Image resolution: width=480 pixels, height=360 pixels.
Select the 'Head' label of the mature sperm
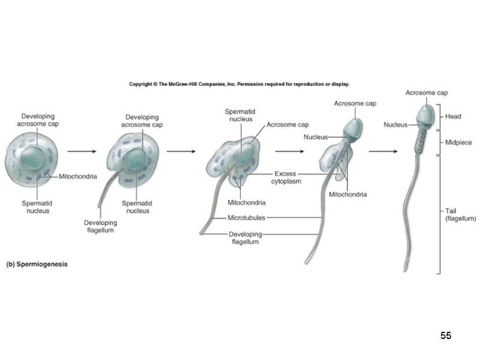pyautogui.click(x=453, y=116)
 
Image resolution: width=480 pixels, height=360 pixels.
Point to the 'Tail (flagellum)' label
pyautogui.click(x=460, y=214)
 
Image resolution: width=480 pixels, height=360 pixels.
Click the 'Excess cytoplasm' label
pyautogui.click(x=285, y=177)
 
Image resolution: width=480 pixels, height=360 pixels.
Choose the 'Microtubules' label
pyautogui.click(x=246, y=217)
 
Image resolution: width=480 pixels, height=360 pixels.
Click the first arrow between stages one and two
pyautogui.click(x=82, y=152)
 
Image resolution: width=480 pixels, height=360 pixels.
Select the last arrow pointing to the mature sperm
pyautogui.click(x=382, y=152)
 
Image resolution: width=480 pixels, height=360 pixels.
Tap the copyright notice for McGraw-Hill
pyautogui.click(x=239, y=85)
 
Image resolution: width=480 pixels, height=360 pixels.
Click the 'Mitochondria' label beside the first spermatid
pyautogui.click(x=78, y=177)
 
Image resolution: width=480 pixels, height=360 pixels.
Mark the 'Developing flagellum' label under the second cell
pyautogui.click(x=100, y=226)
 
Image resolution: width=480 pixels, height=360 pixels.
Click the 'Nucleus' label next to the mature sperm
pyautogui.click(x=395, y=125)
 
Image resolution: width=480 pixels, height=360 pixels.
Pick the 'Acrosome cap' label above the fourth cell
pyautogui.click(x=355, y=104)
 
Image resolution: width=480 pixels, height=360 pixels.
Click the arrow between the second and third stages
pyautogui.click(x=181, y=152)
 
